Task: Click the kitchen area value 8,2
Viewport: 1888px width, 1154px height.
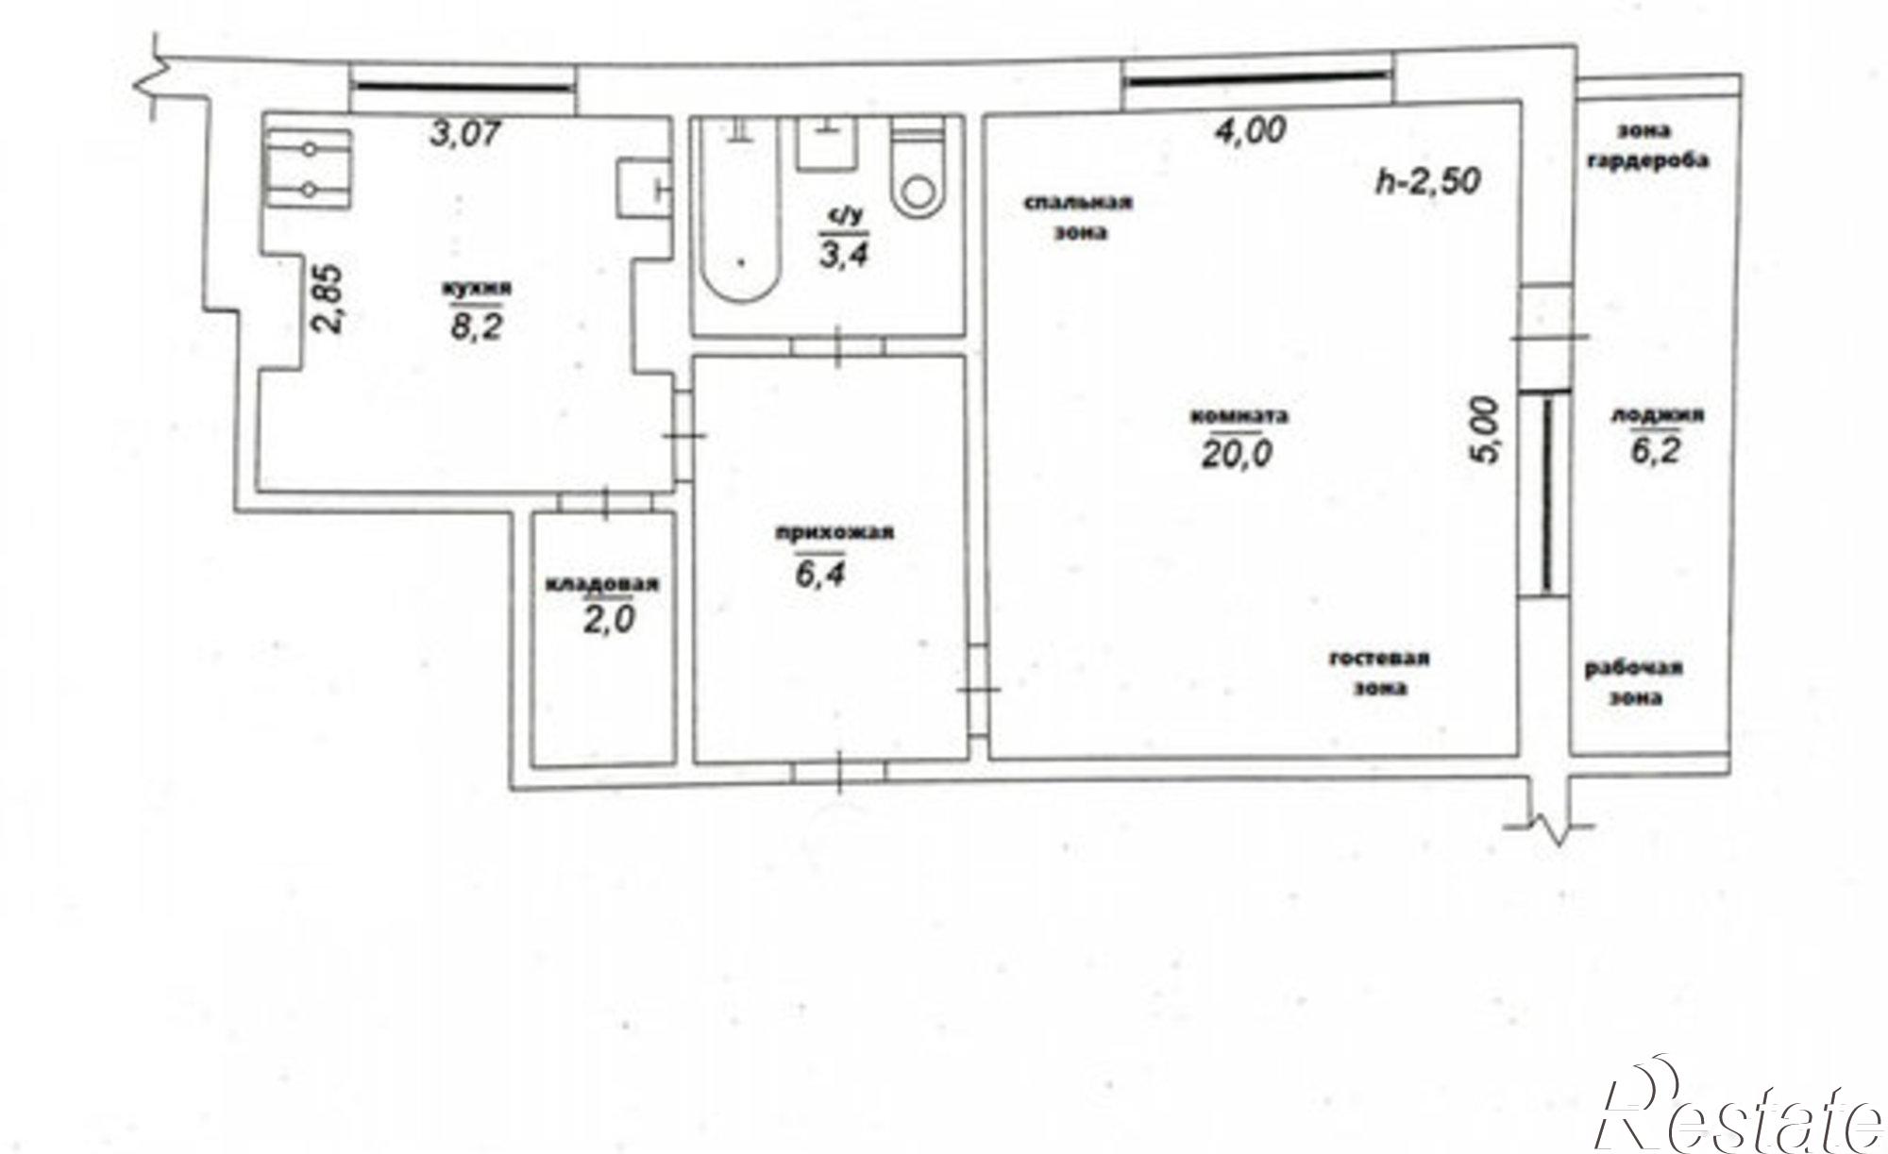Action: tap(476, 327)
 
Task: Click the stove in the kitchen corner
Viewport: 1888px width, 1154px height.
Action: tap(308, 168)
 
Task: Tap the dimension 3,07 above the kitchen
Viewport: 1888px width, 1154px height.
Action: tap(464, 135)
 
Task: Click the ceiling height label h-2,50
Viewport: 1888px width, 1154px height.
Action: tap(1427, 180)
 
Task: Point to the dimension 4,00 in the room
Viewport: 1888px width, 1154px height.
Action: tap(1249, 129)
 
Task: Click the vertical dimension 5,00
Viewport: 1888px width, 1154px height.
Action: tap(1485, 430)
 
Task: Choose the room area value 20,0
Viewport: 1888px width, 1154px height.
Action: tap(1237, 455)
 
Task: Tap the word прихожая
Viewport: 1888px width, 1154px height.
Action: tap(834, 533)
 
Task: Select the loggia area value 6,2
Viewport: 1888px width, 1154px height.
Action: tap(1657, 453)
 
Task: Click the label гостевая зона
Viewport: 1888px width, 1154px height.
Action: tap(1379, 674)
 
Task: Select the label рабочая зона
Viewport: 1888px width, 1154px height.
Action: tap(1634, 684)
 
